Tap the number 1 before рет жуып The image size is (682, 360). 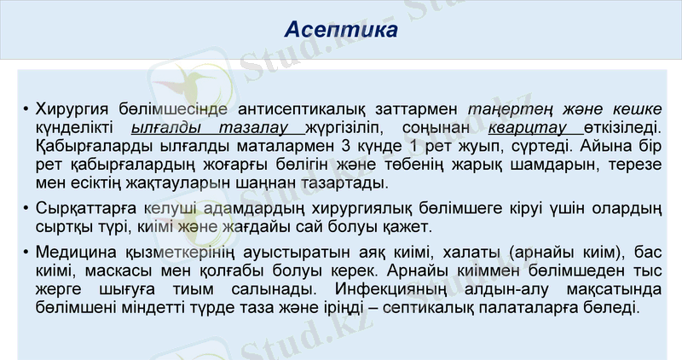pos(411,146)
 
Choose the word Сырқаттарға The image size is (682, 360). pos(82,207)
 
